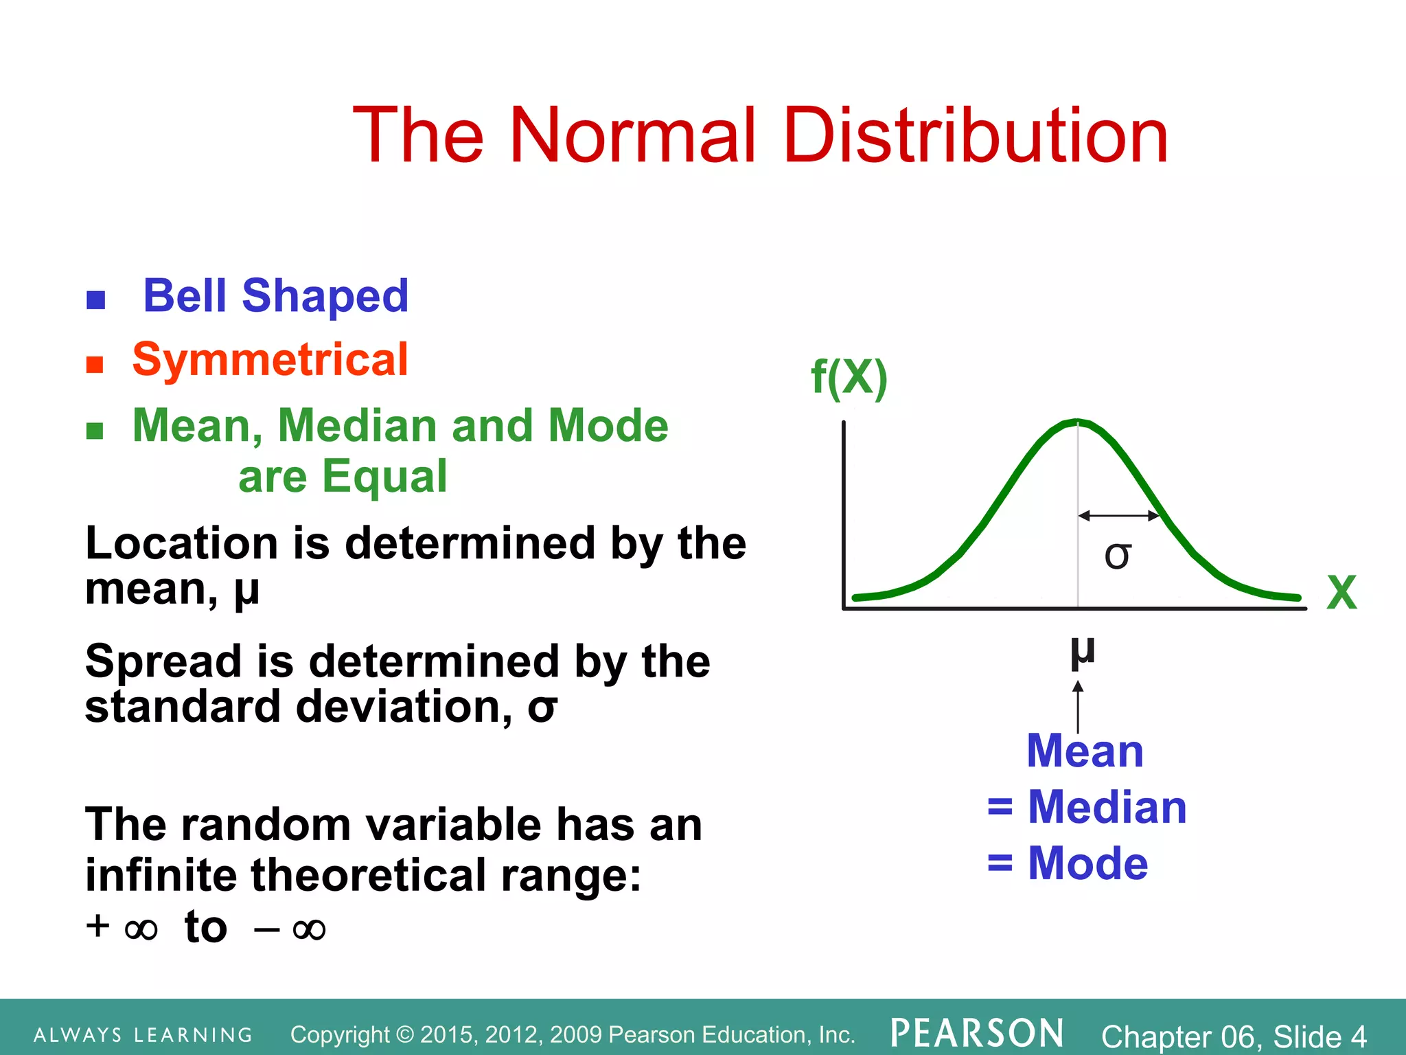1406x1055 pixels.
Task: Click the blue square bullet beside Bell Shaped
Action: pos(95,300)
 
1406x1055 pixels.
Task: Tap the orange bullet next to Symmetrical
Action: pos(95,364)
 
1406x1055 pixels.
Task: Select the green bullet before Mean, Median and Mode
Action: pos(95,431)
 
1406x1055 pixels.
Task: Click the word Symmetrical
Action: pos(270,359)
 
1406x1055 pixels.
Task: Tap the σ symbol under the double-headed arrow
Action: pos(1117,555)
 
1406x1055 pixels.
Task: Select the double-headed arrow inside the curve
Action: pos(1118,515)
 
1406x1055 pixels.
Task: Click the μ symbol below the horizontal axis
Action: pos(1082,653)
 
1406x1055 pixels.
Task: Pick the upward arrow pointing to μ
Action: pos(1078,706)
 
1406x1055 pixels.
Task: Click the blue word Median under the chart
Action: pos(1107,807)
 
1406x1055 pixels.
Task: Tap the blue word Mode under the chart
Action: pos(1087,863)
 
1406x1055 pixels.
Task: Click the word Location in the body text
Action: pos(180,543)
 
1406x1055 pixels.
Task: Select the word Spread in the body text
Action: pos(163,661)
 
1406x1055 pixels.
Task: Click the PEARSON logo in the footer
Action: pos(977,1033)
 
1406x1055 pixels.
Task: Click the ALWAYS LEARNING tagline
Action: pos(143,1035)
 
